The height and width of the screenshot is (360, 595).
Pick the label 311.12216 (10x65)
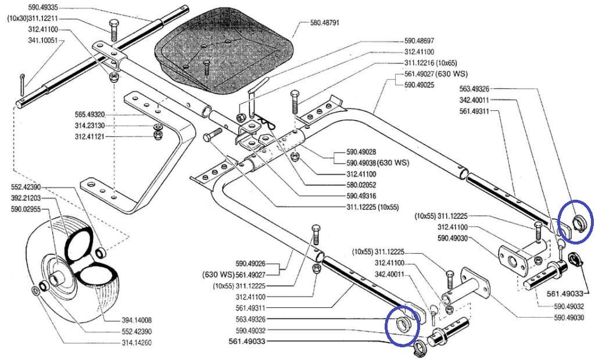pos(431,63)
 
